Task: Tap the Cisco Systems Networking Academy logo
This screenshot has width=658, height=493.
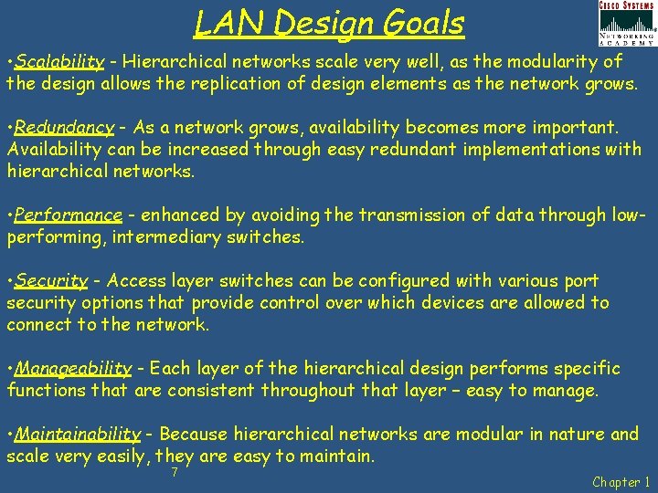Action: tap(626, 23)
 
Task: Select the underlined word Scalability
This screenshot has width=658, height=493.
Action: tap(59, 62)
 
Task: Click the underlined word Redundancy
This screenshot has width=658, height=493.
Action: tap(64, 128)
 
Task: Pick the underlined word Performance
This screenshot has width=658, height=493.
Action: tap(69, 215)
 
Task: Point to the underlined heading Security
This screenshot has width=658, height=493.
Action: tap(51, 281)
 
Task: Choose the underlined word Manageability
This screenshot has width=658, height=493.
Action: tap(74, 369)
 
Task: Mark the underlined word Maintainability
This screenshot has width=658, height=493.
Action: tap(79, 435)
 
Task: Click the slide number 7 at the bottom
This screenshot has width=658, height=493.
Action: tap(174, 473)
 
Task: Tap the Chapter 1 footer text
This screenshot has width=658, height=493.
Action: tap(621, 482)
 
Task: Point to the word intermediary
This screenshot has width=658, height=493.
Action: tap(165, 237)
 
